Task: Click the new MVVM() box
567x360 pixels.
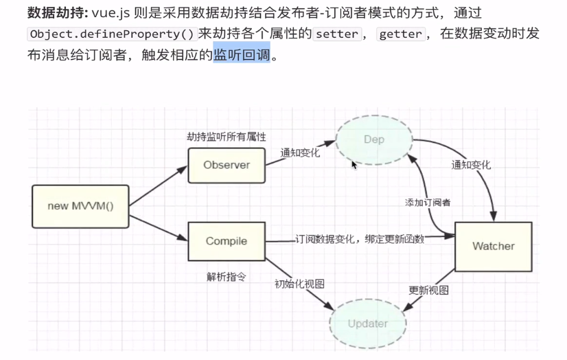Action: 80,206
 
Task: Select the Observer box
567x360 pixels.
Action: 227,165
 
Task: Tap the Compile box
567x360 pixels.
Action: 227,241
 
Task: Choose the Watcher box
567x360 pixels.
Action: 493,246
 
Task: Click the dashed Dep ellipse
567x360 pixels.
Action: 374,139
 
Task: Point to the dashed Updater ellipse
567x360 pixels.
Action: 367,324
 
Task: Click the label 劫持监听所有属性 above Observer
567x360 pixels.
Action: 227,137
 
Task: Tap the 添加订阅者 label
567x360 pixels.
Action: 428,203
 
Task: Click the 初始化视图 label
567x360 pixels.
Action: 299,284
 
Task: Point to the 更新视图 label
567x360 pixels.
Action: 428,290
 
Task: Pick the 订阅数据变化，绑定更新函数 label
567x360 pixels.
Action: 360,239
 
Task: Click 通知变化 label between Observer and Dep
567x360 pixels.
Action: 299,153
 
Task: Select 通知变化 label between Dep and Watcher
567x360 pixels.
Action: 471,165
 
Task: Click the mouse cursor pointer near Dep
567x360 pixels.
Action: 354,164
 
